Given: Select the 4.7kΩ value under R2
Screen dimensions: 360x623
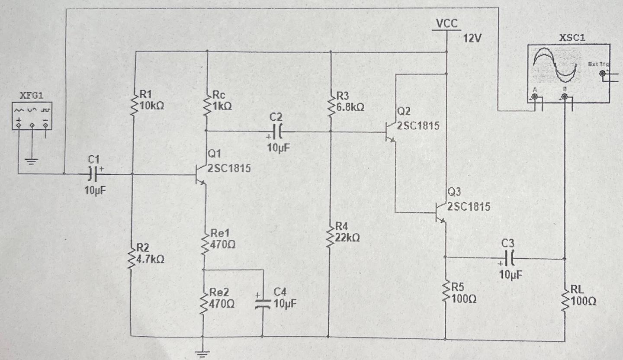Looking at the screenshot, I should pos(150,259).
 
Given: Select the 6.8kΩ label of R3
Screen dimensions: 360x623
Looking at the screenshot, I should pos(350,107).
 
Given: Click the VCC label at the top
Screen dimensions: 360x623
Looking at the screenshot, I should pos(446,23).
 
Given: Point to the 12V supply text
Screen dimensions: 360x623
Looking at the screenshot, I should pos(472,38).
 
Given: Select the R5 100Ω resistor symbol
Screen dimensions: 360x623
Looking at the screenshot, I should pos(446,293).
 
